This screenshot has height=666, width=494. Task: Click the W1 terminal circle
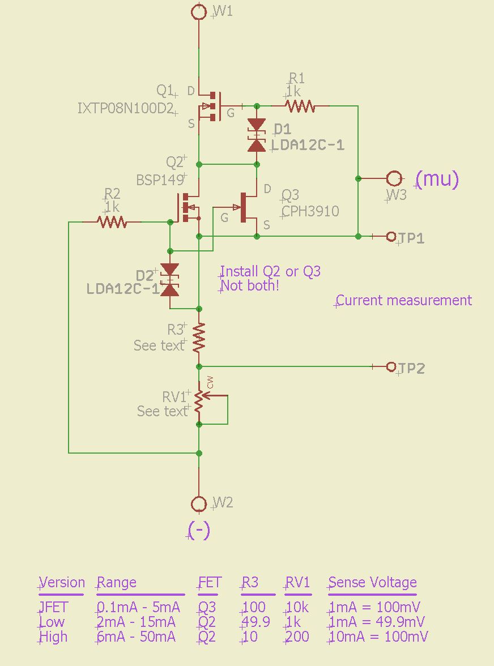(199, 11)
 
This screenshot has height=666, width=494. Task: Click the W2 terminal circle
(199, 503)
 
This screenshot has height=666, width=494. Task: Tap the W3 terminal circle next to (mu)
(394, 178)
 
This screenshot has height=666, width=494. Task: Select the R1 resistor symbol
(299, 105)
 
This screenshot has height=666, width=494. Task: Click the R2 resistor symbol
(112, 222)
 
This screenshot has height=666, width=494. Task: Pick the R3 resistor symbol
(199, 337)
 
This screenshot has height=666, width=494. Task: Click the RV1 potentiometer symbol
(199, 399)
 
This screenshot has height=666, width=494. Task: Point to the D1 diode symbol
(257, 135)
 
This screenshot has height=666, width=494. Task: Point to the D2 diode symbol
(169, 280)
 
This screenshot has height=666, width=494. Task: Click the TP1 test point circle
(390, 236)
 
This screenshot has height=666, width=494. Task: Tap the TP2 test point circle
(390, 366)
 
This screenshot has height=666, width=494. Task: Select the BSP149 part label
(160, 180)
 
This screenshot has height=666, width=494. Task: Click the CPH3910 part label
(310, 211)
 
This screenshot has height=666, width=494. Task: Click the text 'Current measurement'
(404, 300)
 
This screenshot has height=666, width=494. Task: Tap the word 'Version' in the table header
(62, 583)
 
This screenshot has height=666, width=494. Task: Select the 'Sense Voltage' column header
(372, 583)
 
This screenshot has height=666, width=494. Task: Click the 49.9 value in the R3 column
(255, 622)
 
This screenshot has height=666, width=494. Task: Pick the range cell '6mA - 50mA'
(136, 637)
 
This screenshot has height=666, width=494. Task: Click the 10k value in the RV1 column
(297, 607)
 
